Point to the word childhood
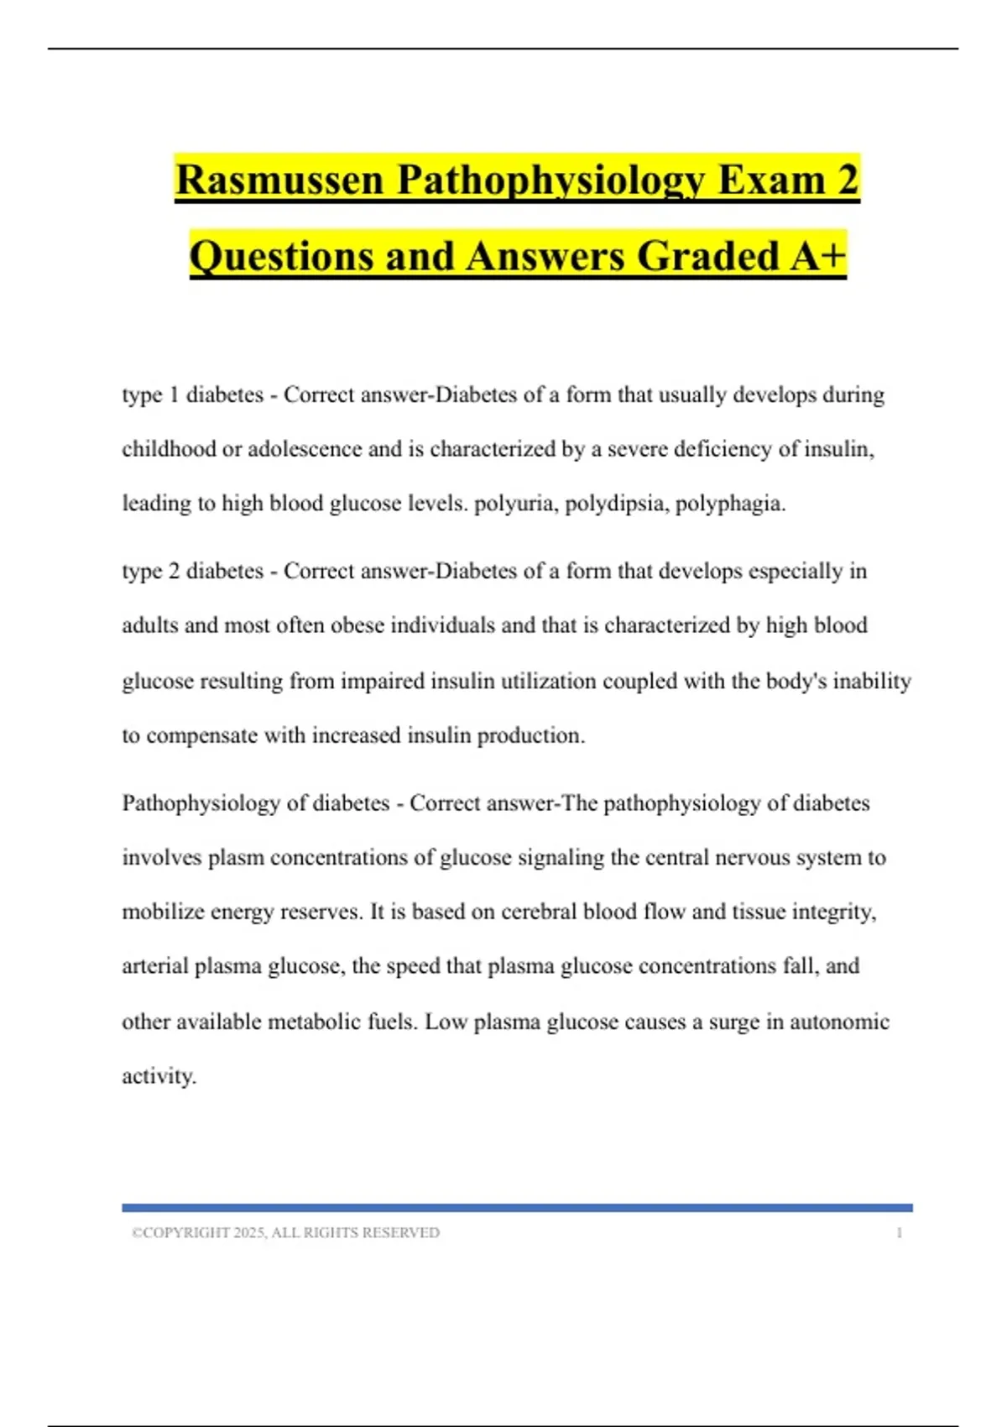[x=169, y=449]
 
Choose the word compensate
[x=201, y=735]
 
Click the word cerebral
[x=537, y=912]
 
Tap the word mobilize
[x=163, y=912]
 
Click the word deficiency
[x=719, y=449]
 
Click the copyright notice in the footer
[x=285, y=1233]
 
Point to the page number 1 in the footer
[x=899, y=1233]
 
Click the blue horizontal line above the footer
[x=517, y=1208]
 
